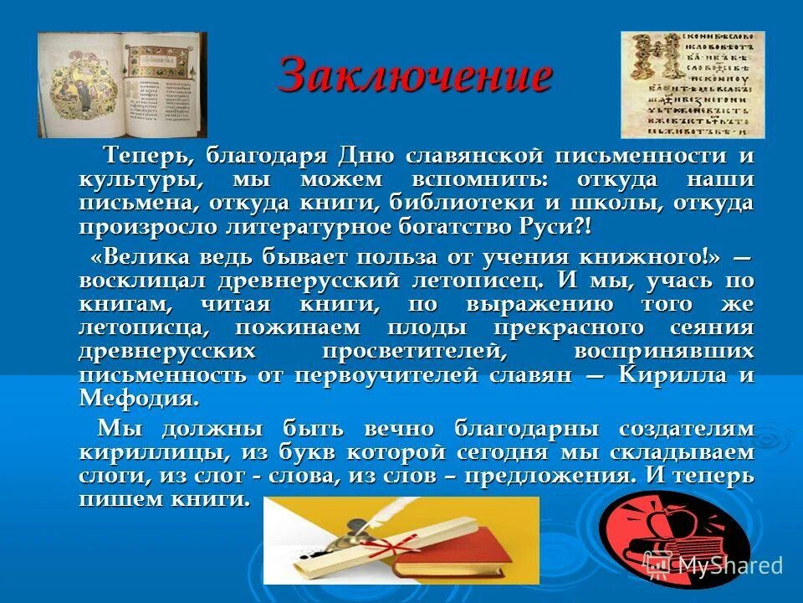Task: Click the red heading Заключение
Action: (x=415, y=76)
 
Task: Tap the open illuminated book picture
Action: (x=122, y=85)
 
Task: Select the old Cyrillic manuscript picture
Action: (x=692, y=85)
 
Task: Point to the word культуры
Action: (x=140, y=180)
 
